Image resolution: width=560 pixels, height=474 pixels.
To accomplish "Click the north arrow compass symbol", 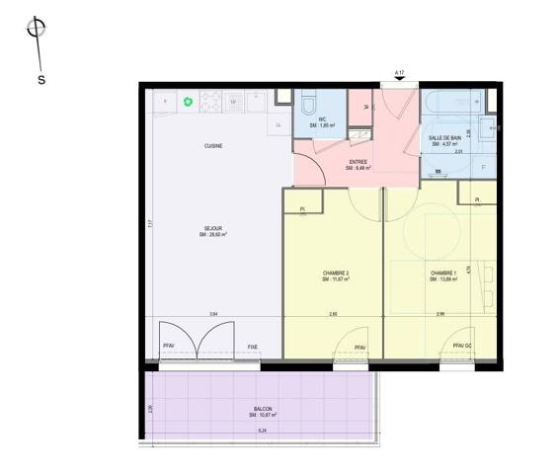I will (x=38, y=31).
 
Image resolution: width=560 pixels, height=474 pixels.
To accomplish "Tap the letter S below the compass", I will (x=41, y=80).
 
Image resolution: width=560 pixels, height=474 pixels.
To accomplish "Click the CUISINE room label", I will (x=213, y=145).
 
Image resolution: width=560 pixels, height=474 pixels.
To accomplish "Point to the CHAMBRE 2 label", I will (x=336, y=276).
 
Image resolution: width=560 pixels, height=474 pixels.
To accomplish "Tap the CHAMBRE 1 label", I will (x=442, y=276).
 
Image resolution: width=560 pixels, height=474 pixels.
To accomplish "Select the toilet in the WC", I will (x=308, y=104).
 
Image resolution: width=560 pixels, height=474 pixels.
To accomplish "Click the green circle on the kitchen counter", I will (x=188, y=101).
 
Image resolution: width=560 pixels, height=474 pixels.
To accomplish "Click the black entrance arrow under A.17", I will (x=400, y=83).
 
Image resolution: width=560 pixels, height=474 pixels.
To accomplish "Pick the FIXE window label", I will (x=253, y=347).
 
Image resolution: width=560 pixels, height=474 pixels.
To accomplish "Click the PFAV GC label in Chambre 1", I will (x=462, y=347).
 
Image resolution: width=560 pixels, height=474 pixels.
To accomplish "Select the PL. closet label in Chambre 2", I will (x=302, y=208).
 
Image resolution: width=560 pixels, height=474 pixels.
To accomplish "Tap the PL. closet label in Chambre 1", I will (x=478, y=200).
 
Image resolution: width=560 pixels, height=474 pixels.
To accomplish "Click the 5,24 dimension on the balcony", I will (x=262, y=432).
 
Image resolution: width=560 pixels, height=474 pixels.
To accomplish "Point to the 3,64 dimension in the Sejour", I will (x=213, y=314).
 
